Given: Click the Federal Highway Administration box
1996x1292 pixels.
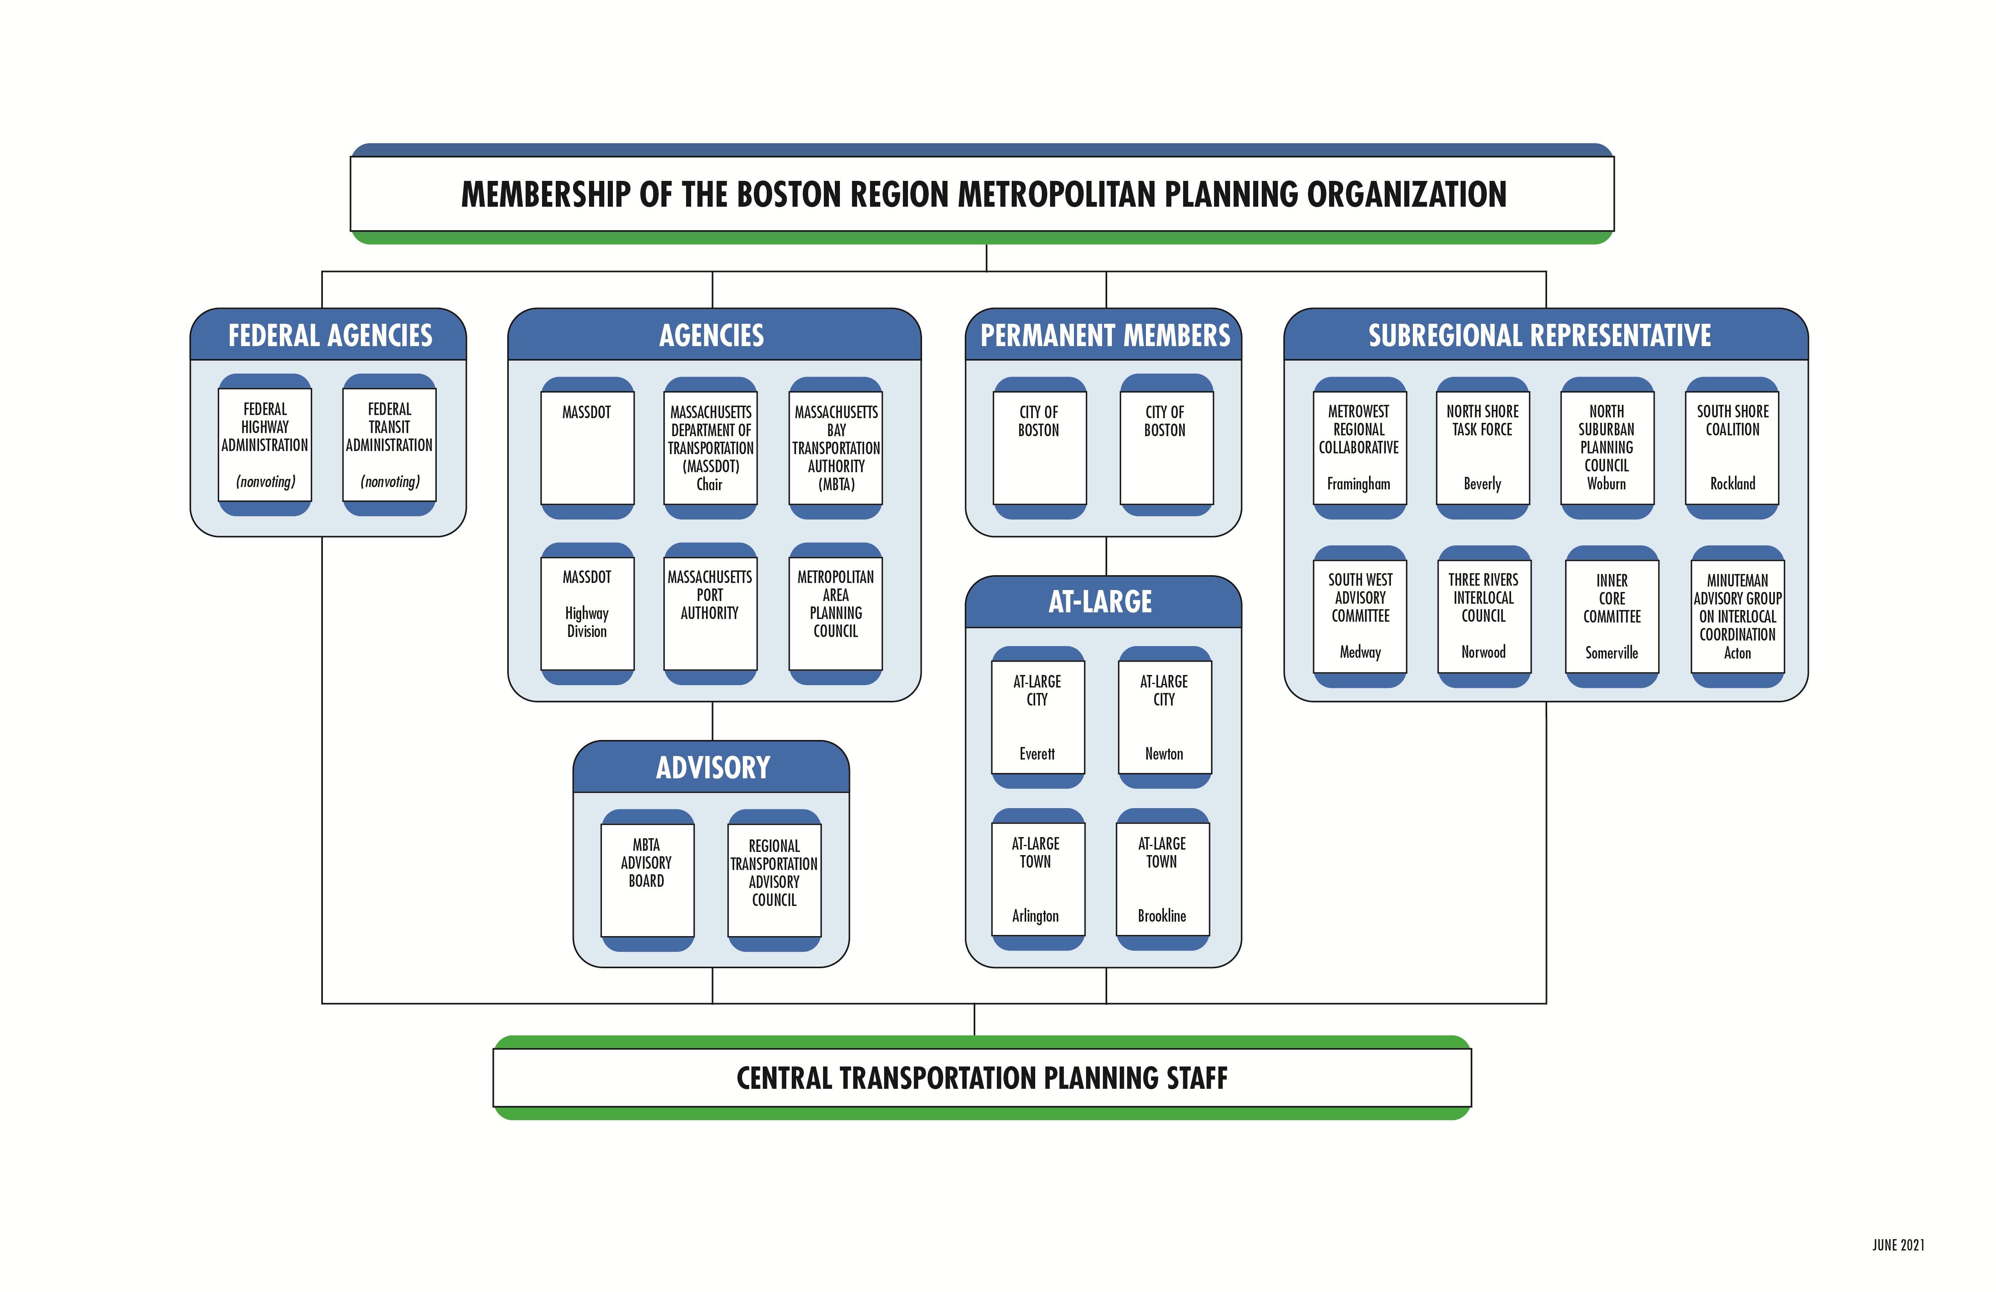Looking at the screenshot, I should (x=265, y=445).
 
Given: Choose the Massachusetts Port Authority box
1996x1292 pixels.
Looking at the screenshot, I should (x=710, y=612).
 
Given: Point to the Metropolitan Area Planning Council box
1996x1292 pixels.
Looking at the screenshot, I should (x=835, y=612).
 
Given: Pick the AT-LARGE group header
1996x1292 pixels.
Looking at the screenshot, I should (x=1101, y=601).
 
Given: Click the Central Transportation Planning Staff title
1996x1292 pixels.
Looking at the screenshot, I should (x=982, y=1078).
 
